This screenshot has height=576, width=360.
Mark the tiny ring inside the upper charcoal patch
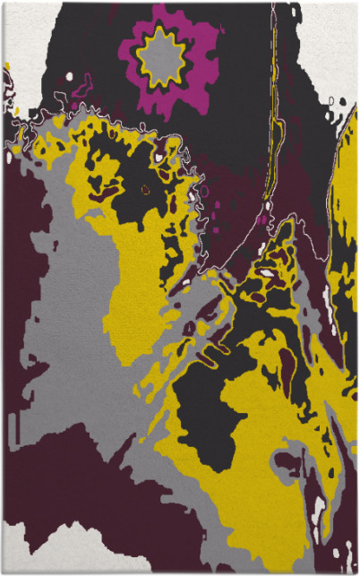click(145, 189)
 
